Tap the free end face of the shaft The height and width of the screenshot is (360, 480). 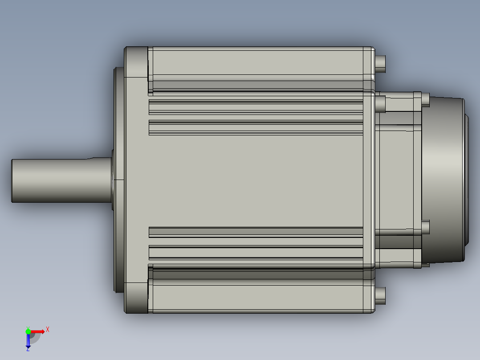[x=12, y=181]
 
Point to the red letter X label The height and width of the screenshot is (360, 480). [x=48, y=330]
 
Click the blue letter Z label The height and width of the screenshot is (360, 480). [x=28, y=349]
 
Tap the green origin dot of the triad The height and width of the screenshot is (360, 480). [x=28, y=331]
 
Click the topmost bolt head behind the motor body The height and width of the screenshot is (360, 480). [x=380, y=64]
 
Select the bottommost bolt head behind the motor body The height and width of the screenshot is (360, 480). [x=380, y=296]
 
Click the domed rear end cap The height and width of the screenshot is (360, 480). [x=444, y=180]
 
